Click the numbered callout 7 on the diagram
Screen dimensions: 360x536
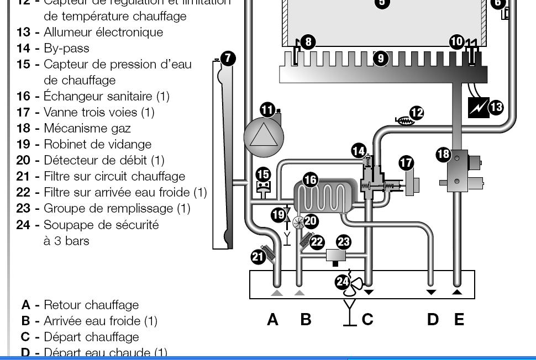pos(228,59)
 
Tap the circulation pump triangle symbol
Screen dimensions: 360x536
pos(263,135)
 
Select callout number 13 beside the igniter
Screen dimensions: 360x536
pos(496,107)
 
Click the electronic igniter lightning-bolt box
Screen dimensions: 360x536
pos(478,107)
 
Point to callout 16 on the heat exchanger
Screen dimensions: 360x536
pos(311,179)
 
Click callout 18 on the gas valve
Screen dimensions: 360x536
pos(443,154)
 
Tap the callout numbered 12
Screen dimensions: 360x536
pos(417,113)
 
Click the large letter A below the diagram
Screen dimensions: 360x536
pos(272,319)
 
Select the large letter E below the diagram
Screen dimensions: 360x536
pos(459,319)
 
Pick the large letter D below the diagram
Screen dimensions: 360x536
pos(433,319)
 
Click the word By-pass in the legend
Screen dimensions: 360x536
pos(66,48)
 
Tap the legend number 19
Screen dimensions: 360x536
pos(23,144)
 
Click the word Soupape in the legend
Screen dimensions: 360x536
pos(66,225)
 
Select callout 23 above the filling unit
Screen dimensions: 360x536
pos(344,242)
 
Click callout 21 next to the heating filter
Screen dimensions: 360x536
pos(258,256)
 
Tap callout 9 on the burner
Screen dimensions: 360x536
pos(381,58)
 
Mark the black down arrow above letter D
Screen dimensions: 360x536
pos(431,292)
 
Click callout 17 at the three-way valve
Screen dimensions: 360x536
pos(406,163)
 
